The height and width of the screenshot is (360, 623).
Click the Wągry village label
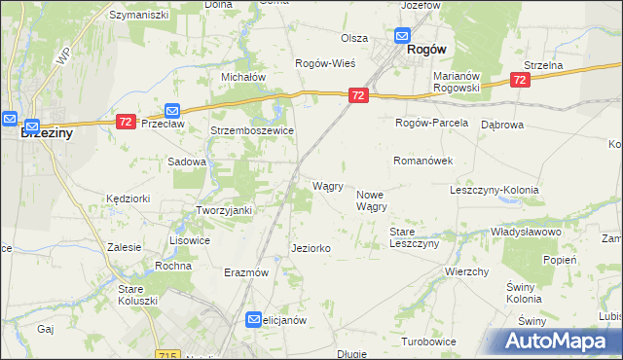326,186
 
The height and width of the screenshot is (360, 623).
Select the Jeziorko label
311,249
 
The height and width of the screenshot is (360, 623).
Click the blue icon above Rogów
402,37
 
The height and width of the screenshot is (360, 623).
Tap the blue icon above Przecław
172,111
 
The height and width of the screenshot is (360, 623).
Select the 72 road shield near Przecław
126,122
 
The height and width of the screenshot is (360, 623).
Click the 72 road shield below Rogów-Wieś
358,95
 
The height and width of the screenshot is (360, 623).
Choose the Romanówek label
421,160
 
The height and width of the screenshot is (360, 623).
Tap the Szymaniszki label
139,16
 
